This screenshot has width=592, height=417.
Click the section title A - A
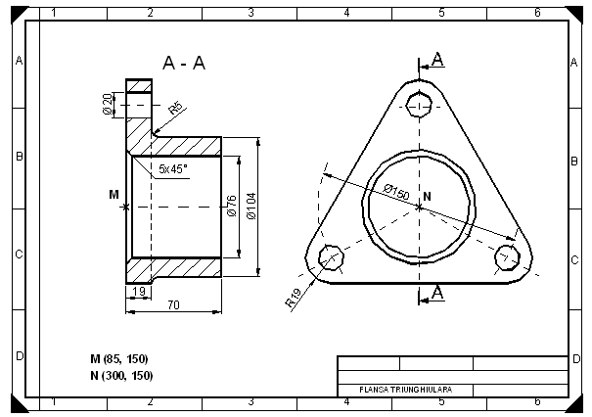[x=183, y=64]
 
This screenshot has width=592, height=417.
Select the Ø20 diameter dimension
[x=107, y=104]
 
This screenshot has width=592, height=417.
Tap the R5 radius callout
[x=176, y=108]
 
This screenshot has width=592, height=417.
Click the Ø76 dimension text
[x=232, y=206]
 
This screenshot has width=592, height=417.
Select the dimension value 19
[x=138, y=293]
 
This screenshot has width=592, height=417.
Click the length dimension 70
[x=173, y=306]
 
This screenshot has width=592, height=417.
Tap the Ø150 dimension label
[x=395, y=190]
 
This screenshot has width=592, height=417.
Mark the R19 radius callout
[x=294, y=299]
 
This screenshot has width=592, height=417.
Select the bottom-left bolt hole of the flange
[x=331, y=257]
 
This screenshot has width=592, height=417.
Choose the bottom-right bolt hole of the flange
[x=506, y=256]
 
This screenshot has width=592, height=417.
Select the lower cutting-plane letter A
[x=437, y=292]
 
